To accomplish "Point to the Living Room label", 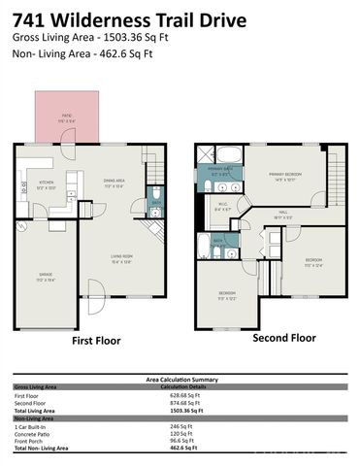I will tap(120, 259).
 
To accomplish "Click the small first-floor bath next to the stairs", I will tap(156, 200).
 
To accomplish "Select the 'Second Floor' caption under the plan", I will tap(283, 339).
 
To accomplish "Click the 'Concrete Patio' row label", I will tap(35, 434).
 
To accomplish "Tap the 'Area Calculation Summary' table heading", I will tap(179, 379).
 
